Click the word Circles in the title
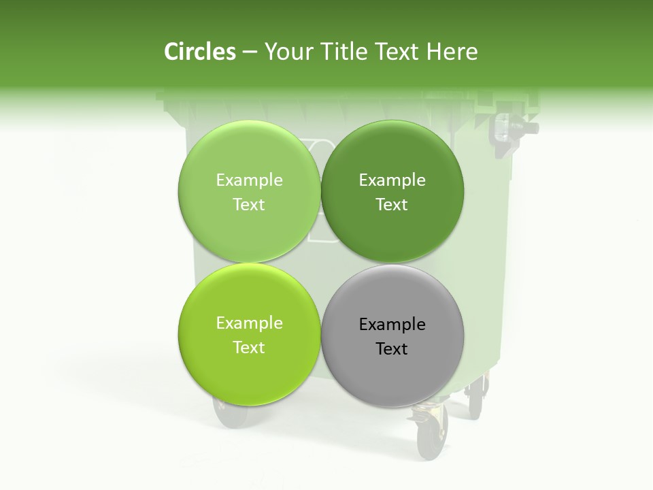point(199,52)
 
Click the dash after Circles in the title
point(250,52)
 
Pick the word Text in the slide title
point(397,52)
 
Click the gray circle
point(392,336)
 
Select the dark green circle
point(392,192)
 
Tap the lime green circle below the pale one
point(249,334)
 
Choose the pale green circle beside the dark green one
point(249,192)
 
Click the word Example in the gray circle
point(392,324)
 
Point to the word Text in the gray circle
point(392,348)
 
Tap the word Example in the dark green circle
point(392,180)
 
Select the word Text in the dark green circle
point(392,204)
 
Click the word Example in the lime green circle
point(249,323)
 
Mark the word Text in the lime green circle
point(249,347)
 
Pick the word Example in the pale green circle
point(249,180)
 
